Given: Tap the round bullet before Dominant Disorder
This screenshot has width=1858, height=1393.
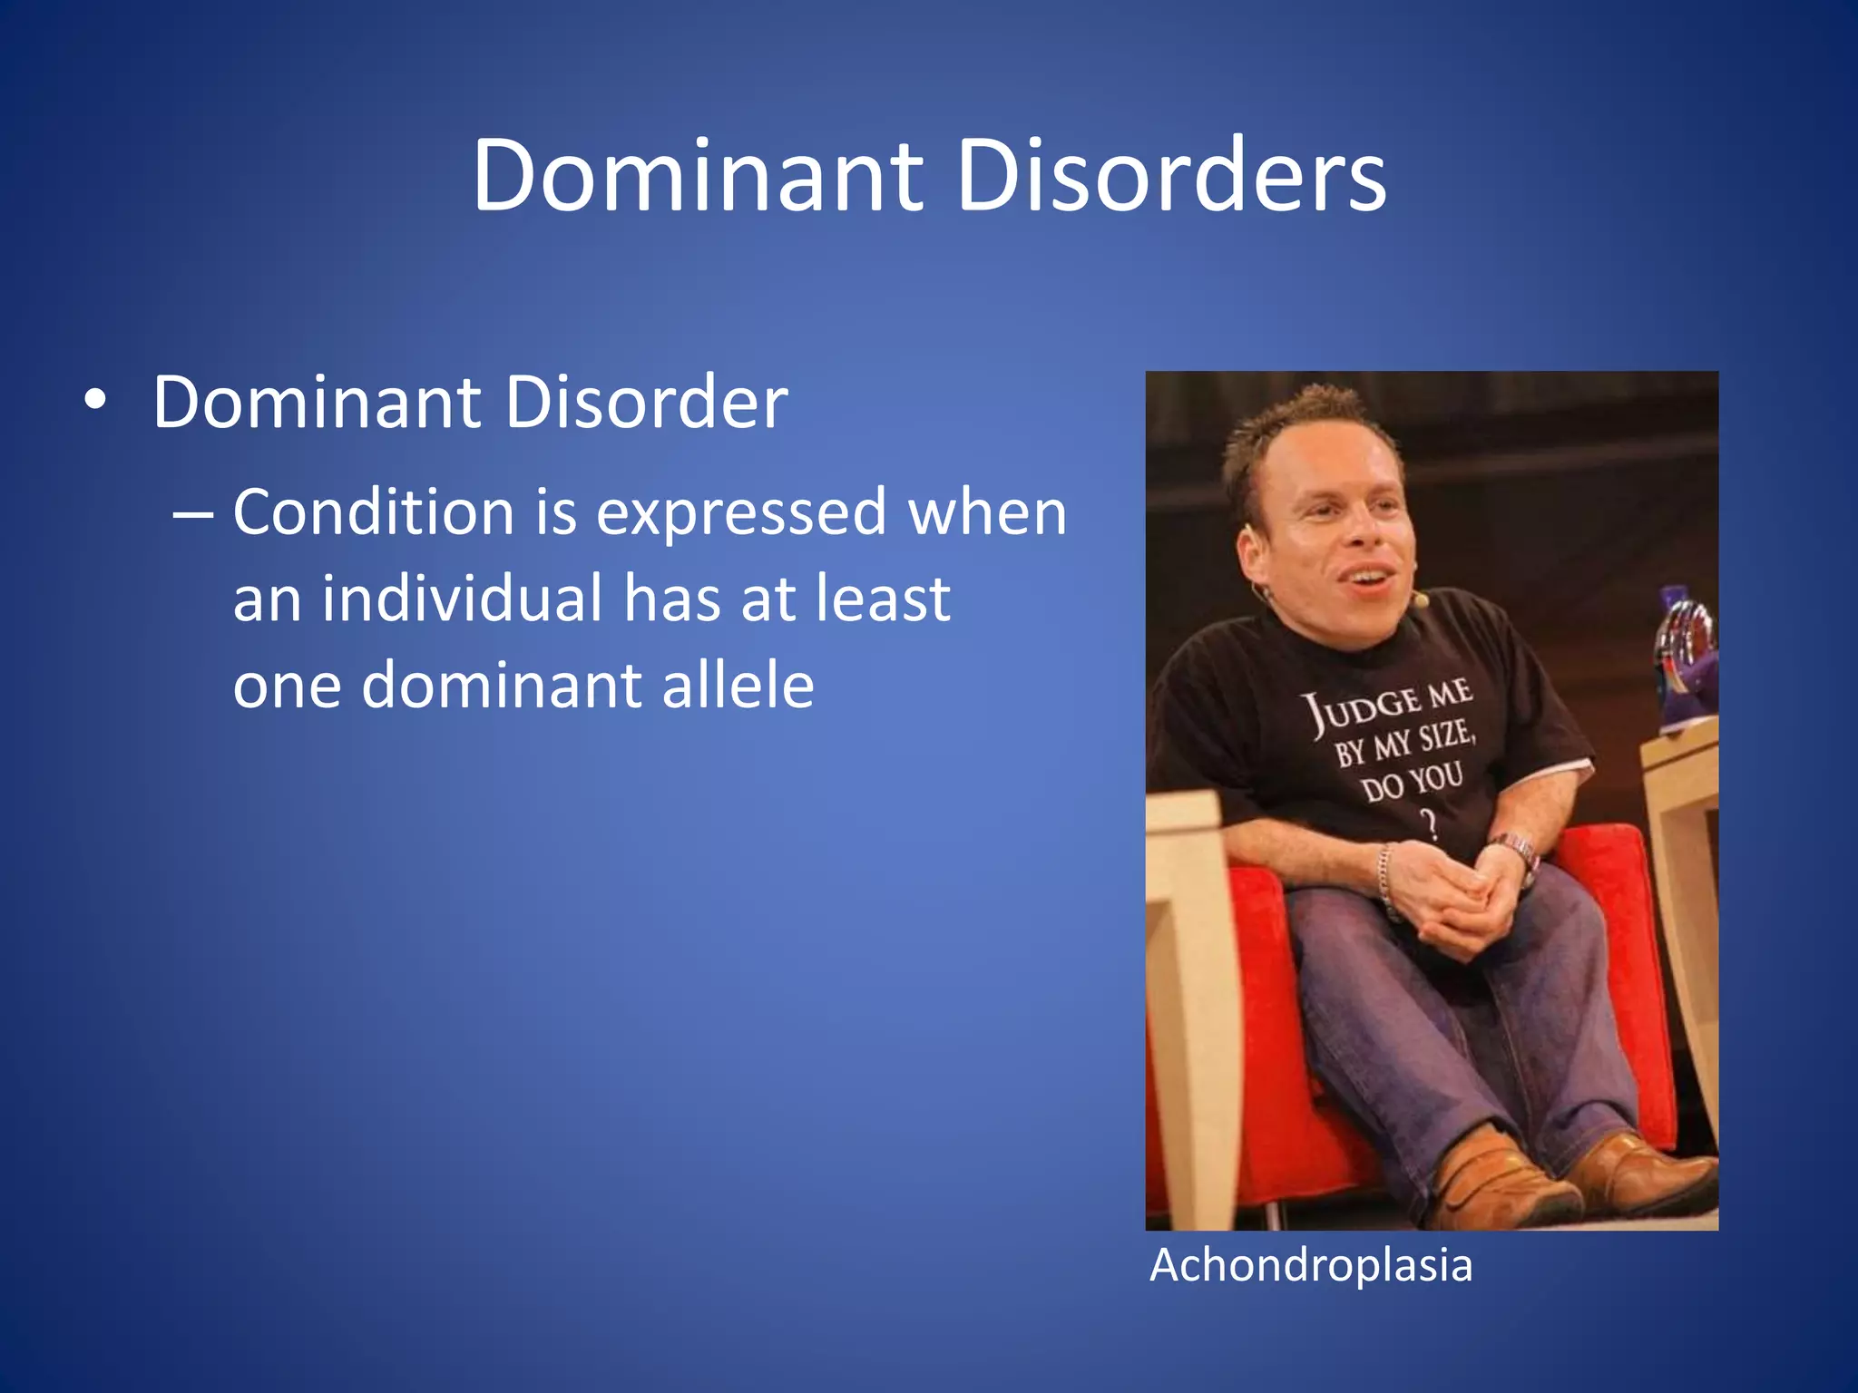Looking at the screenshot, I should point(94,401).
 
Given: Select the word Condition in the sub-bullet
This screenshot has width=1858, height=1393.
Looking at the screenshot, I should point(374,511).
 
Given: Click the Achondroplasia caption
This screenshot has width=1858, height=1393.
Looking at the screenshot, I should point(1311,1265).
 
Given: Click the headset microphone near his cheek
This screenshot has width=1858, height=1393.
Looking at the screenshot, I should point(1422,599).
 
